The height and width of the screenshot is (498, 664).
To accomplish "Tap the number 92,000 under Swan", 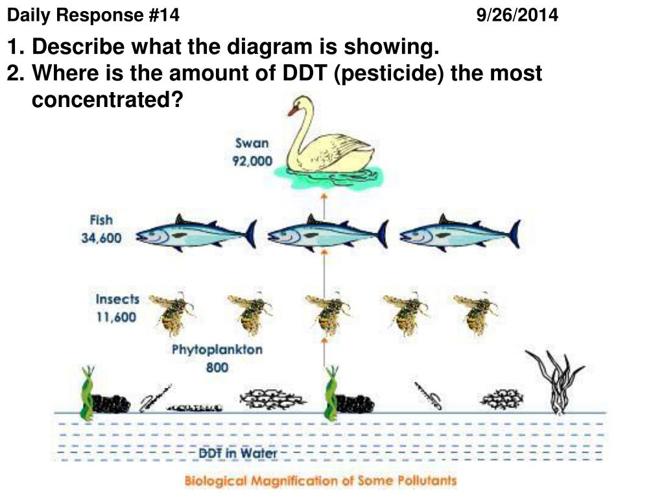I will coord(252,161).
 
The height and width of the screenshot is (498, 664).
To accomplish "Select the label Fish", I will coord(102,220).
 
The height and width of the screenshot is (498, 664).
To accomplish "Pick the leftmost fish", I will coord(195,233).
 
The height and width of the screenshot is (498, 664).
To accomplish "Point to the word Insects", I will coord(117,300).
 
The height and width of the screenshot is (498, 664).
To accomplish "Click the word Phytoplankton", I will coord(217,350).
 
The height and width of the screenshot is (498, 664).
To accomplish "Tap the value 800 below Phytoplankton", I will coord(217,368).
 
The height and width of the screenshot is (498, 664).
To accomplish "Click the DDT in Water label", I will coord(237,453).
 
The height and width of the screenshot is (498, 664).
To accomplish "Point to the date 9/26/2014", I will coord(517,15).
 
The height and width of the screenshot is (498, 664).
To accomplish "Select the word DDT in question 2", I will coord(305,73).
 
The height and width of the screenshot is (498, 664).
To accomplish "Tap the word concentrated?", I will coord(108,100).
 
